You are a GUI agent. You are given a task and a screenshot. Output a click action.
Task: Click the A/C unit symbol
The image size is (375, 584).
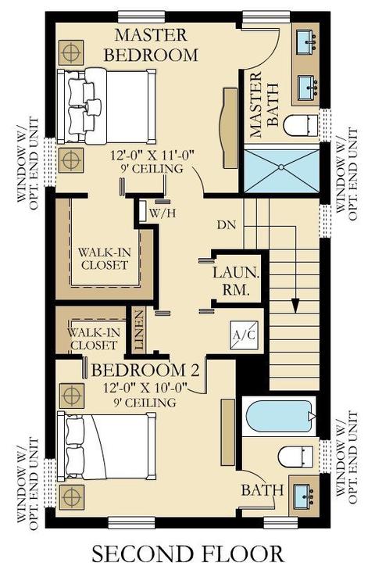[244, 335]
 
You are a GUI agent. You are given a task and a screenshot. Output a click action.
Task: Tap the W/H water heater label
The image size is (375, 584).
[162, 213]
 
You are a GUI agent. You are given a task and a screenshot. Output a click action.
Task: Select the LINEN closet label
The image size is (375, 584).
[139, 330]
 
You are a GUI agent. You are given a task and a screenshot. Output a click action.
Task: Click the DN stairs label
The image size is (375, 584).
[227, 225]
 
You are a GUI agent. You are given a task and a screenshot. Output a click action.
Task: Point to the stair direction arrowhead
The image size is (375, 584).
[295, 306]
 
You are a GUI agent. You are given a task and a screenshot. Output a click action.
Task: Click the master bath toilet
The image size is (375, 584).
[301, 126]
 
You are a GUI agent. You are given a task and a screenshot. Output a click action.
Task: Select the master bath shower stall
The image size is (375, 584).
[281, 170]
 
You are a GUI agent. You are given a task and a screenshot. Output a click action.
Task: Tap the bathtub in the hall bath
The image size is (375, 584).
[280, 416]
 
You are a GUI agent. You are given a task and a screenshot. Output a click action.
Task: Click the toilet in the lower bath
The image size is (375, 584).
[296, 457]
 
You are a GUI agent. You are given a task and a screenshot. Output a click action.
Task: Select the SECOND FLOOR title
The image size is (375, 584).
[187, 554]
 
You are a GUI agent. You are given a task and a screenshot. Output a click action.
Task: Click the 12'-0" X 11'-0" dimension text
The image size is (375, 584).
[152, 155]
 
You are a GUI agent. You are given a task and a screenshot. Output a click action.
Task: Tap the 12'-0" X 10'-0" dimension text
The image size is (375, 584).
[145, 388]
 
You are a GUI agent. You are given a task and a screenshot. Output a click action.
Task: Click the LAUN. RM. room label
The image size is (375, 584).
[235, 281]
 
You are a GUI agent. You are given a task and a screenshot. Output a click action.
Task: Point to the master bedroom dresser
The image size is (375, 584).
[230, 127]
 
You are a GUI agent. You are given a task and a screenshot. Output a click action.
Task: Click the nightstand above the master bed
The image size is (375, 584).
[71, 52]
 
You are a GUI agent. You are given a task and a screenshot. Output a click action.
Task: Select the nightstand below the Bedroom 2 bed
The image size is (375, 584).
[71, 497]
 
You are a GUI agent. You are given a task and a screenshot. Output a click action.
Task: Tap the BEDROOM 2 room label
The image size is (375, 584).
[145, 371]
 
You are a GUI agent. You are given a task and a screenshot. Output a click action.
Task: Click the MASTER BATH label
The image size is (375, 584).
[264, 106]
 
